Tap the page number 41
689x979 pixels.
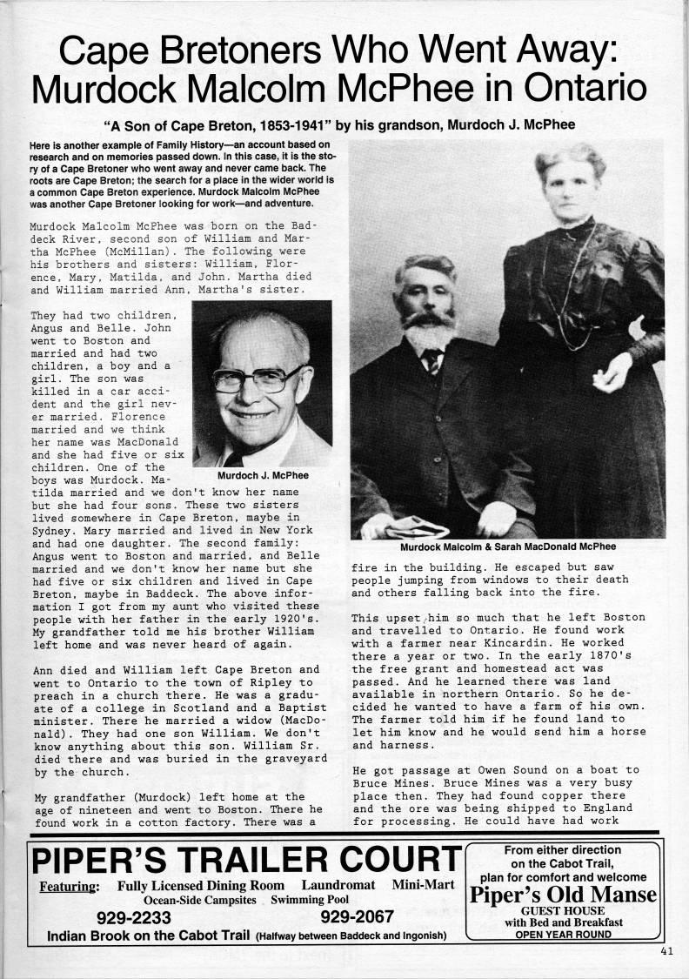point(667,951)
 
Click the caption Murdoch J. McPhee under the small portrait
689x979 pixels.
point(262,475)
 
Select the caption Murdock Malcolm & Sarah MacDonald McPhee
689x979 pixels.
point(508,547)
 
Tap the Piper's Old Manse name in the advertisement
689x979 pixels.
point(562,895)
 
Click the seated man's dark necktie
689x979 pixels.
point(432,360)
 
